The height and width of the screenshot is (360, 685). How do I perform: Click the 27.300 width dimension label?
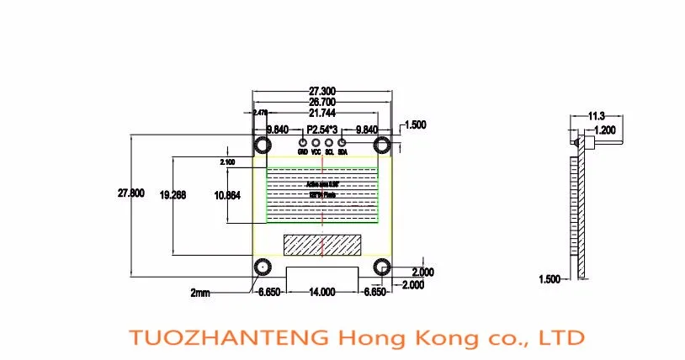click(323, 90)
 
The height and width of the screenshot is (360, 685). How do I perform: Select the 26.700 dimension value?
click(323, 101)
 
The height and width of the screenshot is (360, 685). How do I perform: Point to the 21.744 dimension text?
click(323, 113)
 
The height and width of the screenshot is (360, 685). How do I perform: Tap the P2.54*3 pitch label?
click(323, 130)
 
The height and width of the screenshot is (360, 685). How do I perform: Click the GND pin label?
click(303, 153)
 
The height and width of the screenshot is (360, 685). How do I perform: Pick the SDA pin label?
click(342, 153)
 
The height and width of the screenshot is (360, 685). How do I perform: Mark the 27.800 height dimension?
click(135, 193)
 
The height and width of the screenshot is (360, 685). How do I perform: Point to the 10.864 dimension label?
click(227, 194)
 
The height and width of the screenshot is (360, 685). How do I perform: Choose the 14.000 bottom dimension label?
click(323, 291)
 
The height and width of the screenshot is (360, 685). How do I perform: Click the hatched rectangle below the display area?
click(323, 245)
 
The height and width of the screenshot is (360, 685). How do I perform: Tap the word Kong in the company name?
click(441, 338)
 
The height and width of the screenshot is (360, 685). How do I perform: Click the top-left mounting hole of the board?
click(263, 145)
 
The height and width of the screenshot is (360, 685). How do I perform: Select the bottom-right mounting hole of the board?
click(383, 267)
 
